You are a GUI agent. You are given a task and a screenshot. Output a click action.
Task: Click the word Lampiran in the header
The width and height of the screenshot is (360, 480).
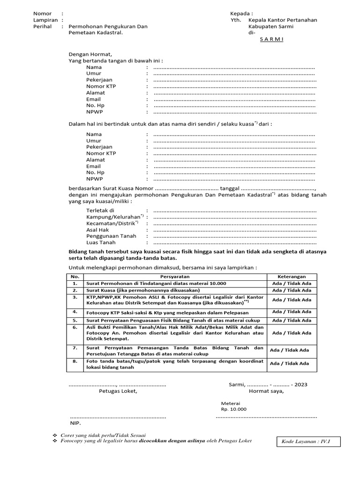45,20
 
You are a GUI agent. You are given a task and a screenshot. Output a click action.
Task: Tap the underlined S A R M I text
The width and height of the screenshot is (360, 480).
272,40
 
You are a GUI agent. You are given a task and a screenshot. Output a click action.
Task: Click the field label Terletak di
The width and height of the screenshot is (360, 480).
100,210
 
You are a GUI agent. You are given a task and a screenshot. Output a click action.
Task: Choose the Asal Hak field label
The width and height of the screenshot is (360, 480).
97,230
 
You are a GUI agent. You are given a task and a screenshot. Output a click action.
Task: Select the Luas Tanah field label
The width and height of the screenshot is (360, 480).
100,242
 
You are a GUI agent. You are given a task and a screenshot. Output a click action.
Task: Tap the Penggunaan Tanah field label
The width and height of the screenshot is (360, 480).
111,236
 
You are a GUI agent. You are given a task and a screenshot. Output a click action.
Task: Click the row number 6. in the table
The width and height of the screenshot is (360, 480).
75,327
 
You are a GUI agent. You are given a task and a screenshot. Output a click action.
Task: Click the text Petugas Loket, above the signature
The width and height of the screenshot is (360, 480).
118,391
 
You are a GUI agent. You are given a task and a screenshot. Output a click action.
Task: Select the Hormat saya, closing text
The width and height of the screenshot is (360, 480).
266,391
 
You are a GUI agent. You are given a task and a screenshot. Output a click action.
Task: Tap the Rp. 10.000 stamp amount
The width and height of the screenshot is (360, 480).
233,409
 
